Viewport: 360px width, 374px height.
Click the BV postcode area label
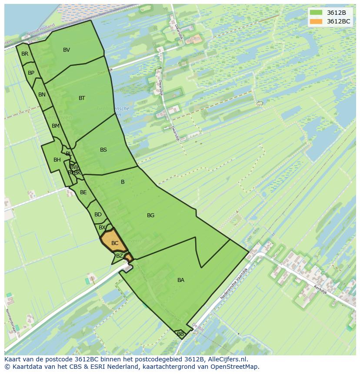tap(67, 50)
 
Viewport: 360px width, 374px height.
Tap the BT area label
tap(82, 98)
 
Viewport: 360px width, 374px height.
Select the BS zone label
tap(103, 150)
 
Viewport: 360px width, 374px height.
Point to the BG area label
tap(150, 215)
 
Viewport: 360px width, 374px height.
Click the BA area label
tap(181, 280)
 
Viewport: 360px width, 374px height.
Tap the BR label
tap(25, 54)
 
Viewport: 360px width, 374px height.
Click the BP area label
tap(31, 73)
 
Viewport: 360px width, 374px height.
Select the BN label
tap(42, 95)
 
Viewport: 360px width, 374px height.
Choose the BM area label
tap(55, 126)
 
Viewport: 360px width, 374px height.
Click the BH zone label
tap(57, 160)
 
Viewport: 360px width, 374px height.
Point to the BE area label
tap(83, 192)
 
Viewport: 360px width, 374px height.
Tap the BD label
tap(98, 215)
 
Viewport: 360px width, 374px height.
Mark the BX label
tap(102, 228)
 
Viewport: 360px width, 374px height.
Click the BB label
tap(180, 334)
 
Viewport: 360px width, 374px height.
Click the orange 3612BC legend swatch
tap(316, 21)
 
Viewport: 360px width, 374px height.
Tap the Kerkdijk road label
tap(320, 289)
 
